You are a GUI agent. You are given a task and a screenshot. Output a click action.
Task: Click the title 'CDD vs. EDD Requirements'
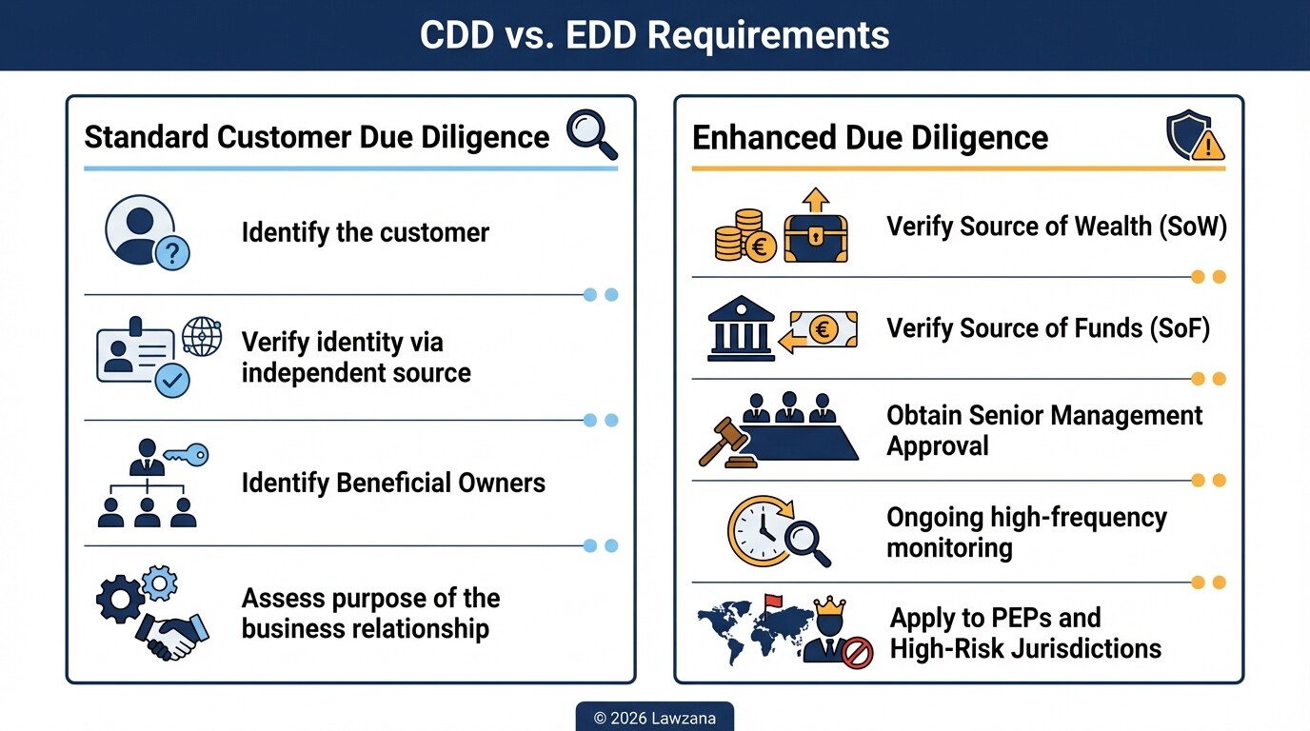655,35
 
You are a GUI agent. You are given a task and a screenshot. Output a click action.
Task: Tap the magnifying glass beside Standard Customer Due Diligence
590,134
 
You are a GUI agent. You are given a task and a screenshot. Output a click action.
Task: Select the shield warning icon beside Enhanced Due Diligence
1194,135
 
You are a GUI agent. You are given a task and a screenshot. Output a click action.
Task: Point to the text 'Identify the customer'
365,232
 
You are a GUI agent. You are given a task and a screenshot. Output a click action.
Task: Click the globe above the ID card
202,337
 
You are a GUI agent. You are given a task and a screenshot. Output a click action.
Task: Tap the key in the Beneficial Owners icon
186,455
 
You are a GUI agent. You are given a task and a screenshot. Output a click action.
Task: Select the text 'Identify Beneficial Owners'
393,483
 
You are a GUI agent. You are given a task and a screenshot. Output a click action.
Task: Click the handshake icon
171,634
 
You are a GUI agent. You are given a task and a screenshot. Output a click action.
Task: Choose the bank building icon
741,328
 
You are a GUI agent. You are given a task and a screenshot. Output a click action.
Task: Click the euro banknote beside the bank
823,329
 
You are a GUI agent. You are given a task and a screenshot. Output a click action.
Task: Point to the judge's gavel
724,443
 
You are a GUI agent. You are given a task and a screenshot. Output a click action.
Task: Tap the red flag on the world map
770,603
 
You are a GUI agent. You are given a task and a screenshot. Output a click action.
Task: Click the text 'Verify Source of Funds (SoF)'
1048,328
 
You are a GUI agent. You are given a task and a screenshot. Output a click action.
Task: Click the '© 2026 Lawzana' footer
654,718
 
